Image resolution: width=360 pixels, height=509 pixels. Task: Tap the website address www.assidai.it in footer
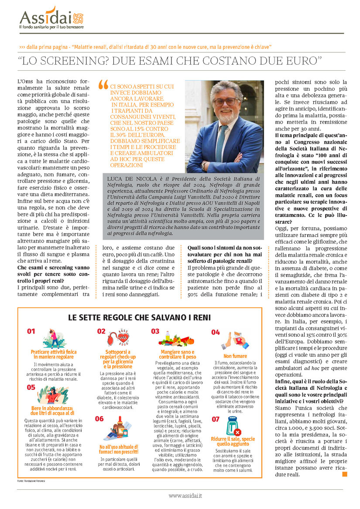185,496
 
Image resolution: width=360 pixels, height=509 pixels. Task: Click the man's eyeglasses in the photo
225,102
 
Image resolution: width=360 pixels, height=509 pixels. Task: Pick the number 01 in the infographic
31,331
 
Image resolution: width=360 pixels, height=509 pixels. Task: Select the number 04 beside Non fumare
216,332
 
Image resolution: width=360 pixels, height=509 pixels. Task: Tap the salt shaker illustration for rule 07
233,426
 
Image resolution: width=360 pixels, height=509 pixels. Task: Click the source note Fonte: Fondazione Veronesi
33,481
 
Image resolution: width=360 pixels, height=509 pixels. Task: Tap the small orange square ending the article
345,474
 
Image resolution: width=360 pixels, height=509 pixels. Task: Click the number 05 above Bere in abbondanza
31,387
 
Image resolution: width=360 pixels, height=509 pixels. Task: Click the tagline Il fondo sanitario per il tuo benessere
51,27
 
